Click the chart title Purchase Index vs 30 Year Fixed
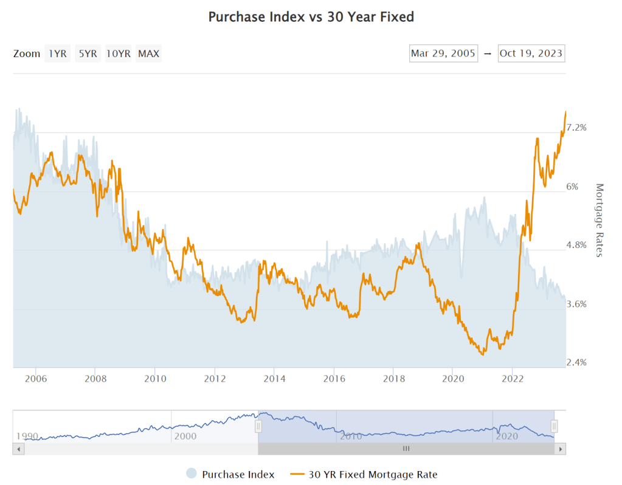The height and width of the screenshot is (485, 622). tap(311, 17)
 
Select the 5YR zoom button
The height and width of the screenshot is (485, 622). tap(87, 53)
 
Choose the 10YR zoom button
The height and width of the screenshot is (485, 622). tap(118, 53)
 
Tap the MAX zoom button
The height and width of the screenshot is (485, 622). tap(148, 53)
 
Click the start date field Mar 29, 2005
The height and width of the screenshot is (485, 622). tap(443, 53)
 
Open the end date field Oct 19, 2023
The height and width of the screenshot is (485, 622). tap(531, 53)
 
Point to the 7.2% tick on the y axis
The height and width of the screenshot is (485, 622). tap(576, 128)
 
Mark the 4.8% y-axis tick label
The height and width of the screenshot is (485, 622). tap(576, 246)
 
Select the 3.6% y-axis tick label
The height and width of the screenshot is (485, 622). tap(576, 304)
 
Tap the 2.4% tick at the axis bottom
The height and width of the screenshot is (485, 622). tap(576, 363)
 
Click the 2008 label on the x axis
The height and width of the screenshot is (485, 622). tap(95, 378)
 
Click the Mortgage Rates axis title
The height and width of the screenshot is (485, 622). tap(599, 220)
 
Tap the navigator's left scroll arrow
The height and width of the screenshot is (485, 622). tap(18, 449)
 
